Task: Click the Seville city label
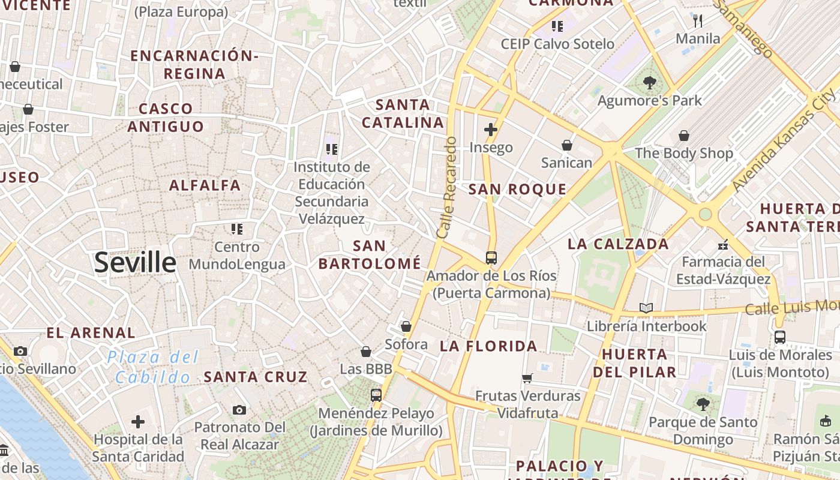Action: point(135,263)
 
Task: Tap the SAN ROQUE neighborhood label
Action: point(517,190)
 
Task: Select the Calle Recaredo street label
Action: point(448,188)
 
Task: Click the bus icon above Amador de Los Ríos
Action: point(491,258)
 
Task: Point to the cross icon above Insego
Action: point(491,129)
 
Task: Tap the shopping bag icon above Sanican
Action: point(566,145)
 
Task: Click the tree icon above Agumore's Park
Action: point(649,83)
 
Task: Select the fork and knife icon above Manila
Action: point(697,21)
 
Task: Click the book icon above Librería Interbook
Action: point(646,308)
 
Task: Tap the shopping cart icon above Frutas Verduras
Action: point(527,378)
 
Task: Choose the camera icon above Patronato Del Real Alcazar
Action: point(239,410)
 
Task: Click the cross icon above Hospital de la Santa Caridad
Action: point(138,422)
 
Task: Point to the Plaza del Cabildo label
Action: point(153,367)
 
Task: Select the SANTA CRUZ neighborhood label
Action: point(256,377)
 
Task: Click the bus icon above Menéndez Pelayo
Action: point(376,395)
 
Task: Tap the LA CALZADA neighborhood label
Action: point(618,244)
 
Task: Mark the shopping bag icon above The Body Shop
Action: point(683,136)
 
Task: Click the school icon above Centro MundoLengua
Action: point(237,229)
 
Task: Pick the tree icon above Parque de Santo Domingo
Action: point(703,404)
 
